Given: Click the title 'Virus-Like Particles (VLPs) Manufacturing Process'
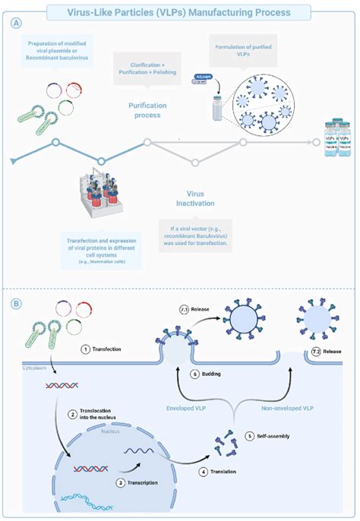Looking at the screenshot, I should (x=179, y=11).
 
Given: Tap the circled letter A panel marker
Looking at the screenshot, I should (x=16, y=24).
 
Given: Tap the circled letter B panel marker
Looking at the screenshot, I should (x=16, y=302).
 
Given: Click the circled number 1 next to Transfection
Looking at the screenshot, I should (x=85, y=349).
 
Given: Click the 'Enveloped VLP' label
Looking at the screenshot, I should (x=187, y=407).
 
